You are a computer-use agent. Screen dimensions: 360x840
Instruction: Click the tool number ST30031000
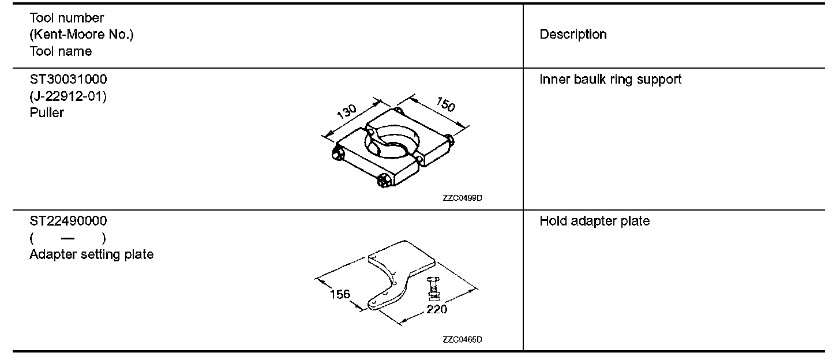[x=68, y=79]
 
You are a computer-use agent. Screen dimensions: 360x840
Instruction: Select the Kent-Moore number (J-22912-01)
[x=68, y=96]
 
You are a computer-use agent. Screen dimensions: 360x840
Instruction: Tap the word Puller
[x=47, y=112]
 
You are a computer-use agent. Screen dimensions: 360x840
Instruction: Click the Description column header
[x=573, y=35]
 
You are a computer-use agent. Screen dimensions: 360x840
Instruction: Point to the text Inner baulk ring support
[x=610, y=79]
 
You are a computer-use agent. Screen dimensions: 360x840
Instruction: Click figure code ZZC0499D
[x=463, y=198]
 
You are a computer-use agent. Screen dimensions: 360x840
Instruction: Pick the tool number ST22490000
[x=68, y=221]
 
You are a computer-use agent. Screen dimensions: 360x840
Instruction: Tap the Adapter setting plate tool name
[x=92, y=254]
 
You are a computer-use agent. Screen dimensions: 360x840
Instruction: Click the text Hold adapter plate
[x=594, y=221]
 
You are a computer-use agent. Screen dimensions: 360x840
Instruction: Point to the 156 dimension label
[x=340, y=294]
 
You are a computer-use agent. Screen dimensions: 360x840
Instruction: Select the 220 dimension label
[x=437, y=309]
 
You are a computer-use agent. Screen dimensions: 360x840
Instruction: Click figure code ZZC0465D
[x=463, y=339]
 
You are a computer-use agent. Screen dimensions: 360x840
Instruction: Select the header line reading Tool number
[x=67, y=18]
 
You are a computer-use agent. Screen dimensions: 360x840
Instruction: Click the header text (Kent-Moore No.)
[x=81, y=35]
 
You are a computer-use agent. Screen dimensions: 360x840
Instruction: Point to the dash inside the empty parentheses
[x=67, y=238]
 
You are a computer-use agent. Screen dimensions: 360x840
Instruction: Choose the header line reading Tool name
[x=61, y=51]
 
